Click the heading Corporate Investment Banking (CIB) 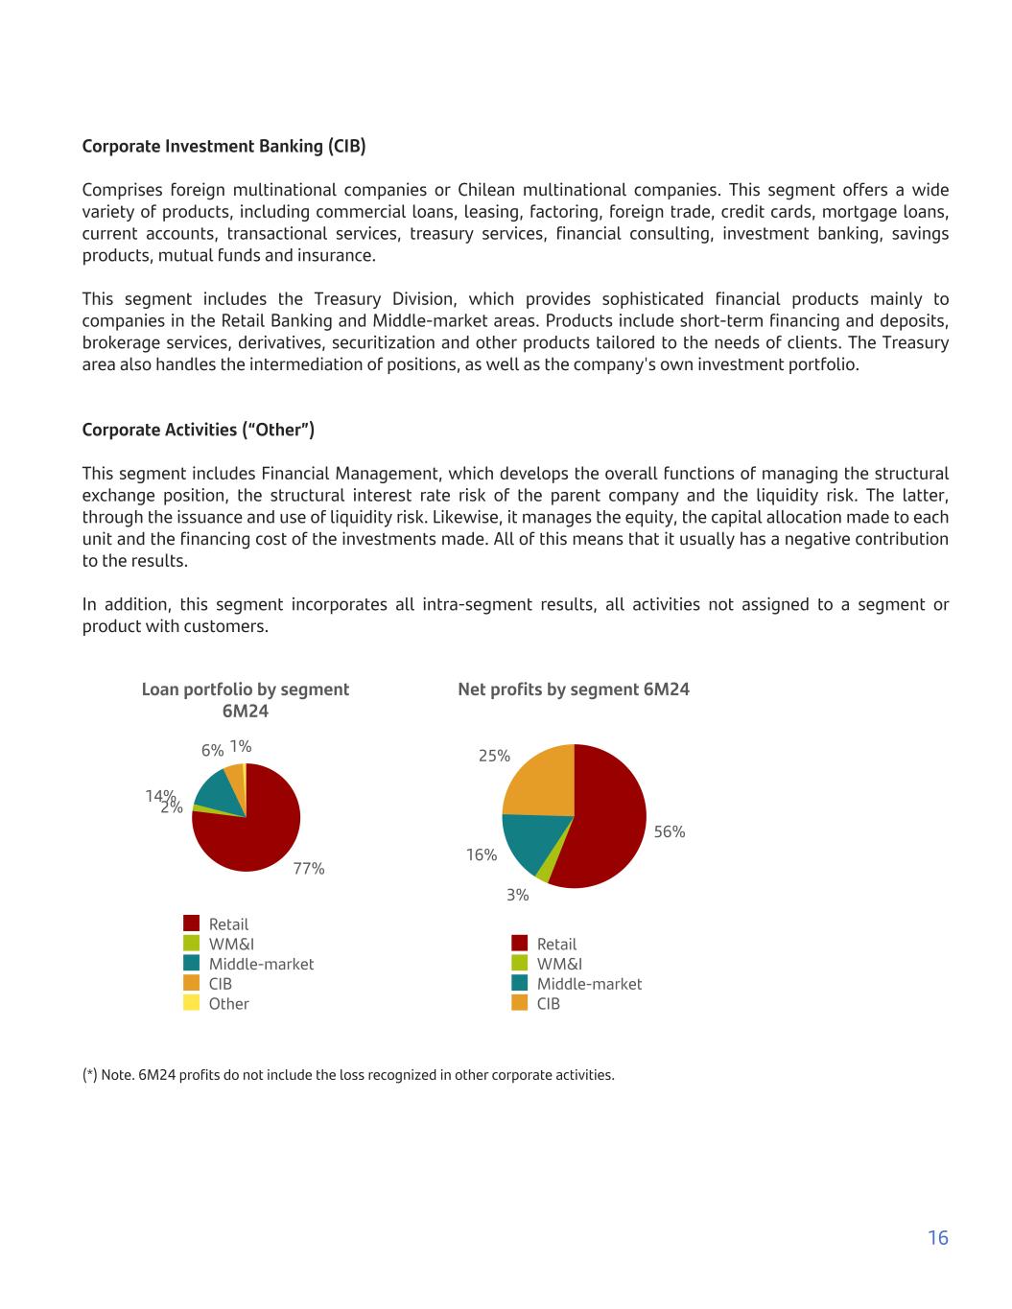224,147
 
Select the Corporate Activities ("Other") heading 199,430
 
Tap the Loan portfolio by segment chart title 245,700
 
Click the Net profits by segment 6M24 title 574,690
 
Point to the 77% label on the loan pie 309,869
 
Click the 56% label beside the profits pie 670,832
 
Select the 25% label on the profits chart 494,756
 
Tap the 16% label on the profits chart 482,854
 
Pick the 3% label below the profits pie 518,895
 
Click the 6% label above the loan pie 212,751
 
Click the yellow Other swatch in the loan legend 192,1003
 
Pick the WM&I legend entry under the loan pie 231,945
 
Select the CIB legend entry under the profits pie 548,1004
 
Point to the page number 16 938,1238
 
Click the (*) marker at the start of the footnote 89,1075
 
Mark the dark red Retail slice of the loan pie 254,834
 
